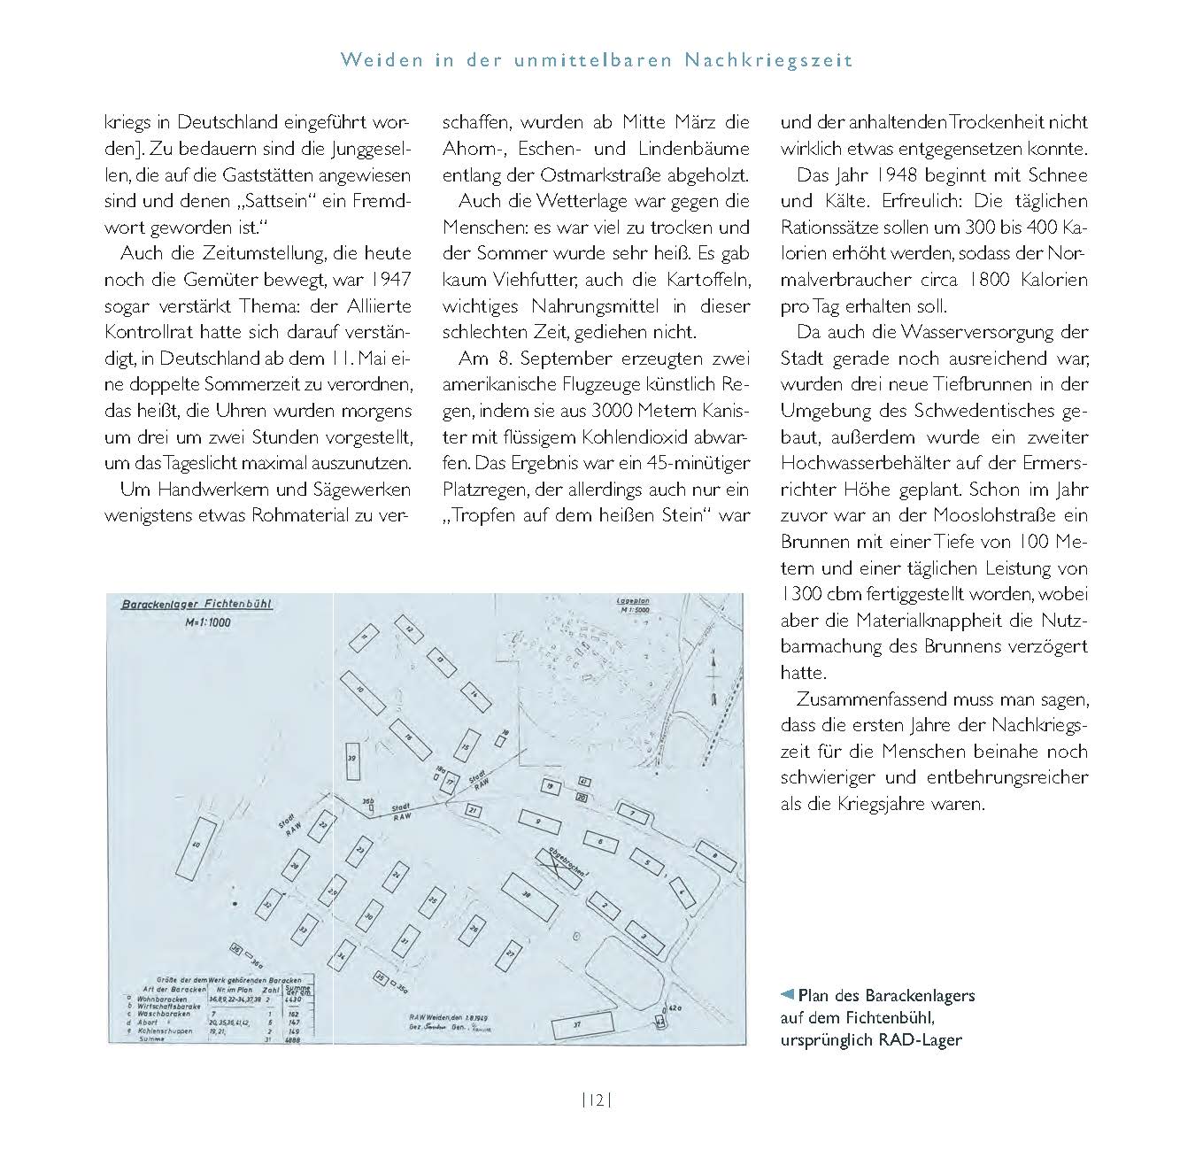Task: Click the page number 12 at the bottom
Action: pyautogui.click(x=596, y=1100)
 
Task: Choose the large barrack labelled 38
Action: pyautogui.click(x=528, y=895)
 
